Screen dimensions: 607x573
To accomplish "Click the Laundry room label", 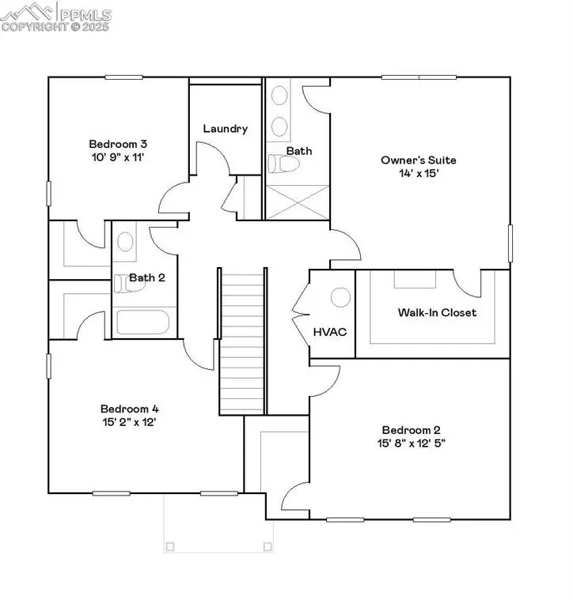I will pos(226,129).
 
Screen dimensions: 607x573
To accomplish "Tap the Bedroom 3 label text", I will pos(117,144).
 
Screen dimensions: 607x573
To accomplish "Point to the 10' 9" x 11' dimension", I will pos(117,157).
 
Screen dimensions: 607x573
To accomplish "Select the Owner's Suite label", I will pos(418,160).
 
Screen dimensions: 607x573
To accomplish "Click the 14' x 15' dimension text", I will pos(418,172).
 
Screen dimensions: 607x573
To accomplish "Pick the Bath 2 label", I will pos(147,277).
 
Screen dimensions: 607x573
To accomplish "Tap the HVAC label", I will pos(331,332).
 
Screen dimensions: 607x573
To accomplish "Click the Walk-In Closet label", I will pos(437,313).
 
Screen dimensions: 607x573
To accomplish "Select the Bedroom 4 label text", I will pos(130,409).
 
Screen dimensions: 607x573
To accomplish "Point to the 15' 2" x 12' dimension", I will pos(130,422).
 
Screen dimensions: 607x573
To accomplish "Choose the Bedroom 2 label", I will pos(409,429).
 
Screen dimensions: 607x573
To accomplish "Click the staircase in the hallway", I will pos(241,340).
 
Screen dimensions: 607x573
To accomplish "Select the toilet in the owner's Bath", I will pos(284,164).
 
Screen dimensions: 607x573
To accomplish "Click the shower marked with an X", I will pos(296,202).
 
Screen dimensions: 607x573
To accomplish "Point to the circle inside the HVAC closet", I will pos(340,297).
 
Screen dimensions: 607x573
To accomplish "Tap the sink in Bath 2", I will pos(124,240).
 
